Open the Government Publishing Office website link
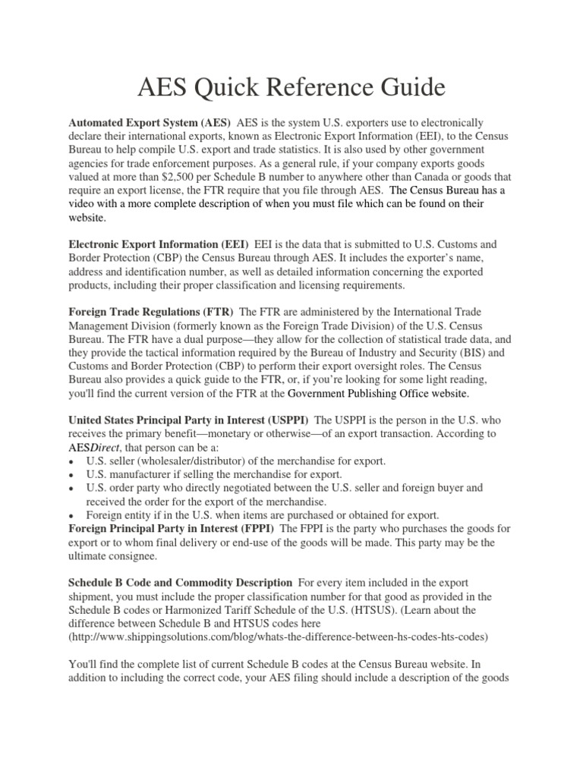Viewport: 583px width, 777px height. pos(379,394)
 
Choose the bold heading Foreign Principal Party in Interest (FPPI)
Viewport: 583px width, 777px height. pos(173,529)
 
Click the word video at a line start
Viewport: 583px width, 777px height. pos(82,204)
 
